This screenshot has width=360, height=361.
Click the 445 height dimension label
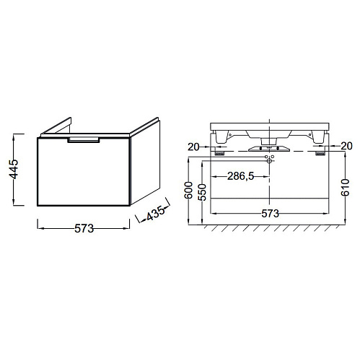[x=14, y=169]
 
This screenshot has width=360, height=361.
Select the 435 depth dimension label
[x=156, y=213]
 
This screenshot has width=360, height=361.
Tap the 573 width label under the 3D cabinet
[x=84, y=228]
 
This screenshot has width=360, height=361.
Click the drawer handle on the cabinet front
[x=84, y=140]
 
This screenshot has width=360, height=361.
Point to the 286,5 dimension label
[x=241, y=176]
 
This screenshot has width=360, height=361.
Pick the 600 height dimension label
[x=188, y=190]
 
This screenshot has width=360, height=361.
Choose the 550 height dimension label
[x=202, y=192]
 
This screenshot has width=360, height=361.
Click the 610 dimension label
[x=346, y=187]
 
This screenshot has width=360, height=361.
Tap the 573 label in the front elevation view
[x=270, y=214]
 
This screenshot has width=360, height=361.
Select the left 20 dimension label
[x=193, y=147]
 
